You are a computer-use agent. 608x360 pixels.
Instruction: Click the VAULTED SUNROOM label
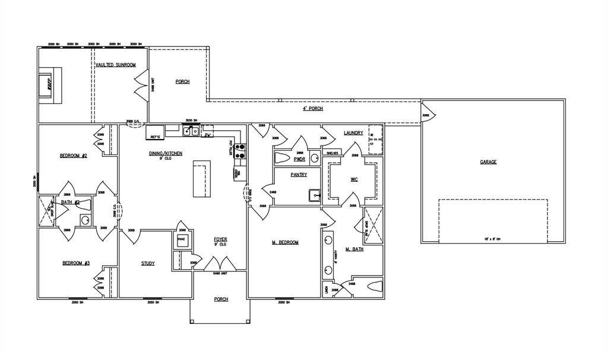(116, 64)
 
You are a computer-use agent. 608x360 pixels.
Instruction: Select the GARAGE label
(488, 162)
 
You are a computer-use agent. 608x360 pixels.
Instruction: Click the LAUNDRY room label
(353, 132)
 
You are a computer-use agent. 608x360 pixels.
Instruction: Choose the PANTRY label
(298, 175)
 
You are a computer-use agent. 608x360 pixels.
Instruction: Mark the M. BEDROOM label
(285, 242)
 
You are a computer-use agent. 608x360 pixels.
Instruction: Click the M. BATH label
(354, 249)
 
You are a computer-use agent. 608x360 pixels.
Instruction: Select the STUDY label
(148, 263)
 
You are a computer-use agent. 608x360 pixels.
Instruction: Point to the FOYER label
(220, 239)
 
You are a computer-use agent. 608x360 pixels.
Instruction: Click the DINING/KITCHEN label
(165, 153)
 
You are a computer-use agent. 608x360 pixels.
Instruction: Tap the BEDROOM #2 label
(74, 156)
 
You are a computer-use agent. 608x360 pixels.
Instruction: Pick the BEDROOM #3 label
(75, 263)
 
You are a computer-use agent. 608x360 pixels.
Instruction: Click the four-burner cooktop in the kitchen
(241, 152)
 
